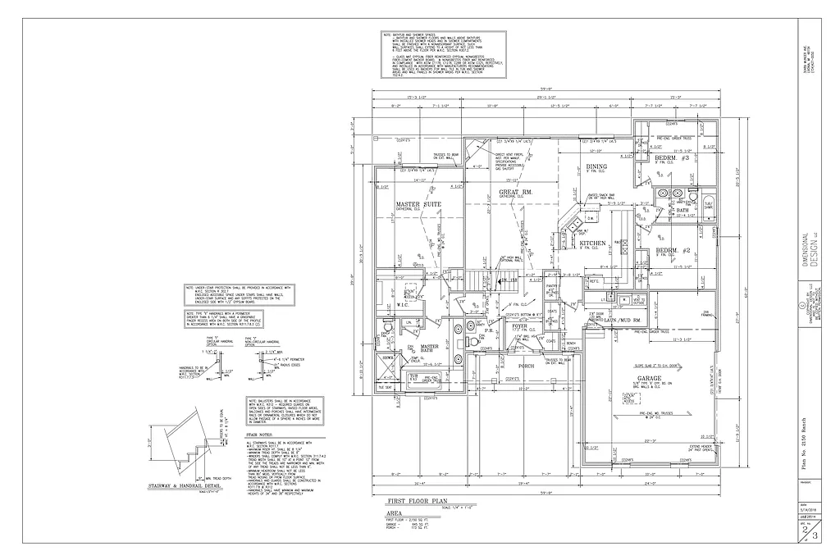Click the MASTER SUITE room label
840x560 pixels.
(419, 204)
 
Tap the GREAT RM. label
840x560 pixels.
(516, 193)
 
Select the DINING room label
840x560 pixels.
(596, 167)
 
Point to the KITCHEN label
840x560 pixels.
(592, 244)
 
